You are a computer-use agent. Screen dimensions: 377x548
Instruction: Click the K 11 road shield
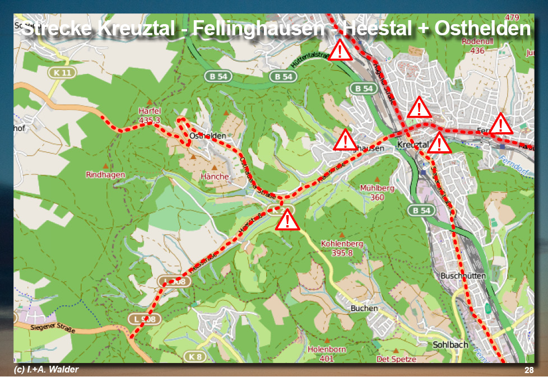[x=62, y=72]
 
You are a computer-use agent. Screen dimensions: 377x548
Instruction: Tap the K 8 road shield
[x=194, y=357]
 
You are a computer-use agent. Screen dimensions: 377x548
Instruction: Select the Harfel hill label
[x=150, y=115]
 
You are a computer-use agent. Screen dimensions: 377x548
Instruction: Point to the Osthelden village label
[x=208, y=136]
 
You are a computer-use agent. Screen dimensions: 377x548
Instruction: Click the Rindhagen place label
[x=105, y=175]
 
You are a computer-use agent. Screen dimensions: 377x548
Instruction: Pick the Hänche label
[x=215, y=176]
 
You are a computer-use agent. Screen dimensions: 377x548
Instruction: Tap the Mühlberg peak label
[x=377, y=193]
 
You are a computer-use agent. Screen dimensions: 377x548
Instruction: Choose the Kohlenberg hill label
[x=342, y=248]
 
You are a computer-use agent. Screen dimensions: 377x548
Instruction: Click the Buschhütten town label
[x=463, y=276]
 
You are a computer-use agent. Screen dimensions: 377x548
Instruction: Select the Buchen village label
[x=364, y=308]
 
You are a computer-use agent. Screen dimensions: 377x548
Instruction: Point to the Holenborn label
[x=327, y=353]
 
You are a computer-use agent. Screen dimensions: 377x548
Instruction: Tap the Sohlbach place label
[x=451, y=345]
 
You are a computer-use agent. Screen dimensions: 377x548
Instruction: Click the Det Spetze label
[x=396, y=359]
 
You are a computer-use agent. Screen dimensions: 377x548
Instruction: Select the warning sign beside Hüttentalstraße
[x=340, y=52]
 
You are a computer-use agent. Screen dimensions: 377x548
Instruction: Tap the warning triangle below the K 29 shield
[x=287, y=220]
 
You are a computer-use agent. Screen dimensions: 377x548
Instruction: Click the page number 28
[x=529, y=370]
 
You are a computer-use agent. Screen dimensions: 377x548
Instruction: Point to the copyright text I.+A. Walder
[x=47, y=370]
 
